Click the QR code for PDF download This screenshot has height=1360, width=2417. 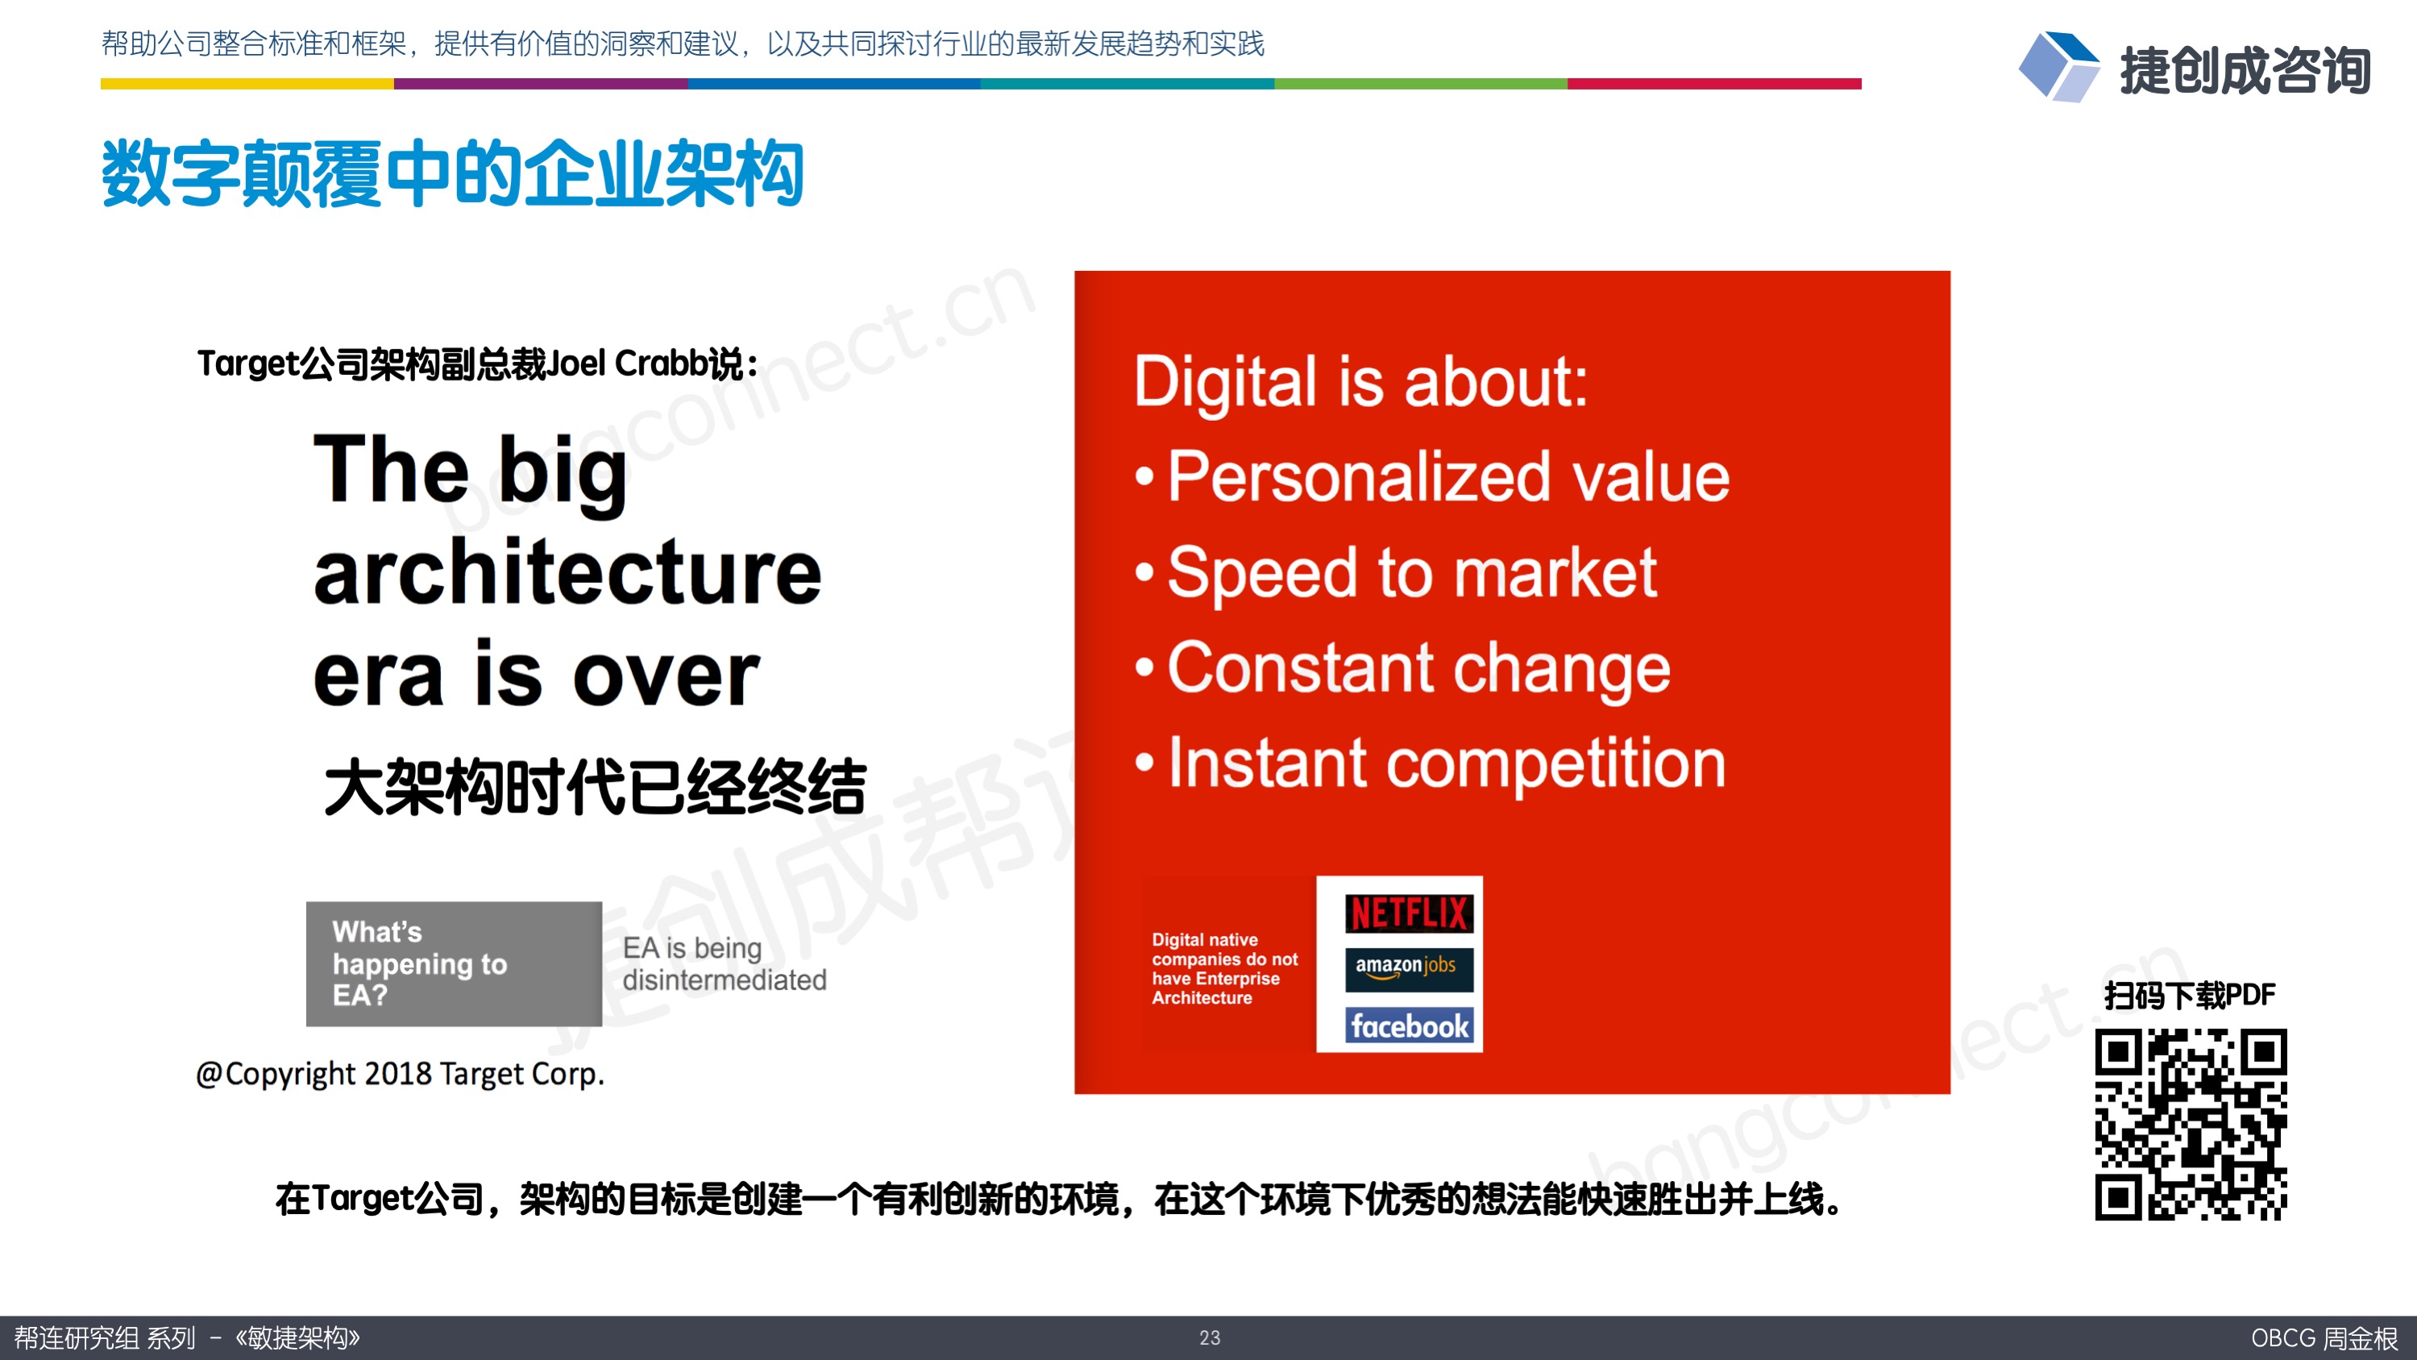(2190, 1125)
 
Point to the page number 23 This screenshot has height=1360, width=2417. (1210, 1337)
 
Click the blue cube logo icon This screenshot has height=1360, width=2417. (2058, 67)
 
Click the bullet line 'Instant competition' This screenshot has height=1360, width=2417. (1430, 763)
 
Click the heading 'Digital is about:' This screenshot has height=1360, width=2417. (1360, 382)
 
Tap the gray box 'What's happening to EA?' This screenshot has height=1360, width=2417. (454, 964)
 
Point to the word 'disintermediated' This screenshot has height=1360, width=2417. (725, 979)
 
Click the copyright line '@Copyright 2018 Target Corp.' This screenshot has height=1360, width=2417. (401, 1074)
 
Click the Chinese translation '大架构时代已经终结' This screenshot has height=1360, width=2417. (595, 787)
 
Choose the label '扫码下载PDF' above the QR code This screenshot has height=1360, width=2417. (2190, 995)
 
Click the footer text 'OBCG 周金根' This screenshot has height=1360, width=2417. (2324, 1337)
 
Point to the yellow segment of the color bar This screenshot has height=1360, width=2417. (247, 84)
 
